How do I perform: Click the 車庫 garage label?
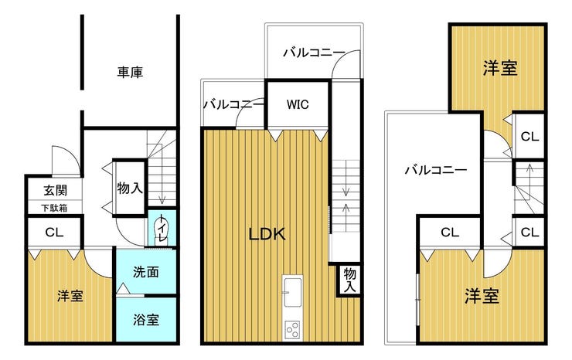pos(130,72)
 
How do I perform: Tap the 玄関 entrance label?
pos(56,190)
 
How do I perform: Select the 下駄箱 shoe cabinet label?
pos(54,208)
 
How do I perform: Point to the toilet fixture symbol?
pos(161,229)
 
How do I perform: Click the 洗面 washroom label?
pos(146,272)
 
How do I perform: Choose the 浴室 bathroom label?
pos(146,320)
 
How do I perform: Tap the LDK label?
pos(267,234)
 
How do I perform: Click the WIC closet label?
pos(298,105)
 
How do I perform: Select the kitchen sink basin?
pos(292,292)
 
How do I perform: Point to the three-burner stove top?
pos(292,330)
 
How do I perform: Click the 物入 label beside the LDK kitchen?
pos(350,280)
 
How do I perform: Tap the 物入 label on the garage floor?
pos(130,188)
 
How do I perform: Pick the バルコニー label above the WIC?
pos(314,53)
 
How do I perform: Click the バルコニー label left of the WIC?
pos(233,105)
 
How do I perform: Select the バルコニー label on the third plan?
pos(436,170)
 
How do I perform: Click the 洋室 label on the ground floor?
pos(70,296)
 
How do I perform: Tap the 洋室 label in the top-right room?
pos(500,68)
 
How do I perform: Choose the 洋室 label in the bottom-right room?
pos(482,296)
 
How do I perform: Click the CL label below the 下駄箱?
pos(54,232)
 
